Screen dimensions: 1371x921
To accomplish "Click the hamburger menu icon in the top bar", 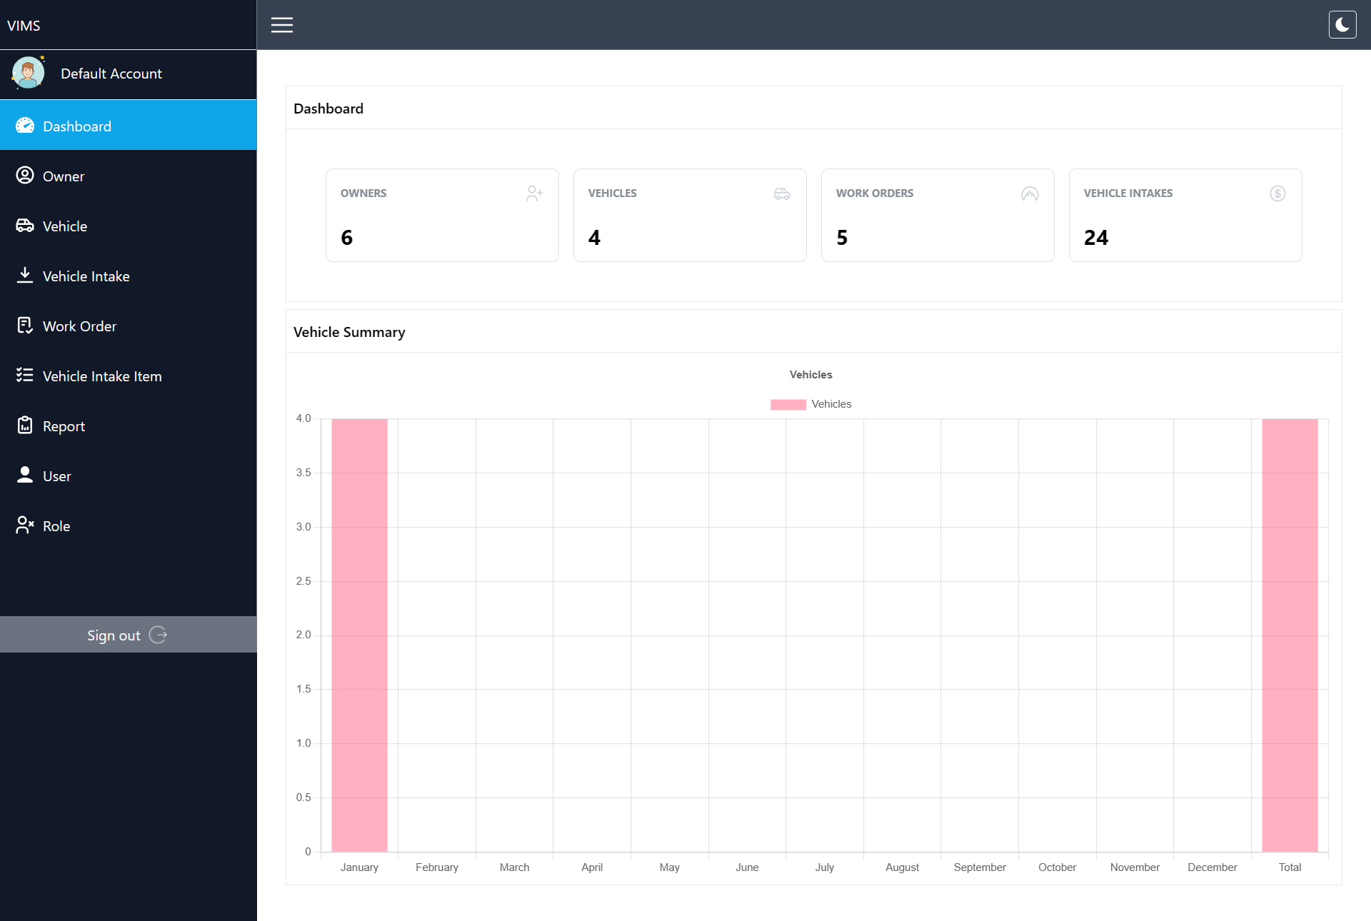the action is click(282, 25).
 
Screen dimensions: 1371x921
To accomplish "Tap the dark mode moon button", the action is click(1342, 25).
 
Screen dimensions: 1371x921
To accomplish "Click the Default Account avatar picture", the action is click(28, 73).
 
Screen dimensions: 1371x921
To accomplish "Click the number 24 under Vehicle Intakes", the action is click(1096, 238).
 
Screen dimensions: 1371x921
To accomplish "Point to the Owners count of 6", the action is click(347, 238).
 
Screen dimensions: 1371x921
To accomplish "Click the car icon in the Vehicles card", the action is click(782, 193).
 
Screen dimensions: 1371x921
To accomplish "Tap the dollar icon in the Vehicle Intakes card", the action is click(1277, 193).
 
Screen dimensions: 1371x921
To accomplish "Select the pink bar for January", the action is click(359, 635).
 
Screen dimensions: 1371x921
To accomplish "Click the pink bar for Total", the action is click(1290, 635).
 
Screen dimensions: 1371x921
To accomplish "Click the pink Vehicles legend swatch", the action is click(788, 404).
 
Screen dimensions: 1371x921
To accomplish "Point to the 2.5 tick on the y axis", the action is click(303, 581).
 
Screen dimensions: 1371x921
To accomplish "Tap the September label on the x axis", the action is click(980, 867).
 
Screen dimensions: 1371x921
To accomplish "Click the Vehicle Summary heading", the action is click(349, 332).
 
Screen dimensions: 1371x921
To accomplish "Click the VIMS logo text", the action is click(24, 26).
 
